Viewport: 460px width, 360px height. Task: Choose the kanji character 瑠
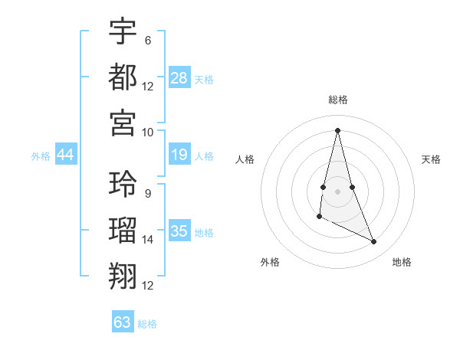pos(123,230)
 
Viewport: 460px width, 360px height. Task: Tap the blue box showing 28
pos(179,77)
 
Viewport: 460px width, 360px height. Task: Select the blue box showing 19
pos(179,155)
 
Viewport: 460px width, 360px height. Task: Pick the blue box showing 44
pos(66,155)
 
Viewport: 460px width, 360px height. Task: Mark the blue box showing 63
pos(123,322)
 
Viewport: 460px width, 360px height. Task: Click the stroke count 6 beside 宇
pos(147,41)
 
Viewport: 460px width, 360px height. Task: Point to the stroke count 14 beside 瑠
pos(148,240)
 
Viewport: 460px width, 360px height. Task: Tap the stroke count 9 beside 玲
pos(147,194)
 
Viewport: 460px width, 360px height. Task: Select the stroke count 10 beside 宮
pos(148,133)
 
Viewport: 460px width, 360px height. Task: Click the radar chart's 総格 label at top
pos(338,100)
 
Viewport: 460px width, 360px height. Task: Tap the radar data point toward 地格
pos(374,242)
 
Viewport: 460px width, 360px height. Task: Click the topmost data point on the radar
pos(338,129)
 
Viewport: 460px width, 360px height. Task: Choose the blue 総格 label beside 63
pos(147,324)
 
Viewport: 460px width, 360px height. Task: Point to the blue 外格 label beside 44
pos(41,156)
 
